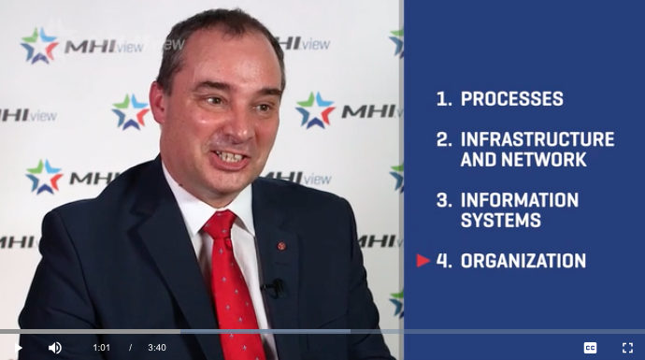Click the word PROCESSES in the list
pyautogui.click(x=511, y=98)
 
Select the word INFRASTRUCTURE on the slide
pyautogui.click(x=537, y=139)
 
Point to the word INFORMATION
pyautogui.click(x=520, y=200)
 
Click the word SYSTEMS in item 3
pyautogui.click(x=501, y=221)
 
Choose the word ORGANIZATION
pyautogui.click(x=523, y=261)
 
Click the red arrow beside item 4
pyautogui.click(x=423, y=261)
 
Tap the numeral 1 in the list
pyautogui.click(x=443, y=98)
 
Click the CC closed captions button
pyautogui.click(x=590, y=347)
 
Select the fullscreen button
pyautogui.click(x=627, y=347)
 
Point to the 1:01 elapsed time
pyautogui.click(x=101, y=348)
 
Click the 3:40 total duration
pyautogui.click(x=157, y=348)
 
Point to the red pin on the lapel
pyautogui.click(x=281, y=245)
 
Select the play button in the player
pyautogui.click(x=18, y=348)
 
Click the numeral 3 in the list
pyautogui.click(x=443, y=200)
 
